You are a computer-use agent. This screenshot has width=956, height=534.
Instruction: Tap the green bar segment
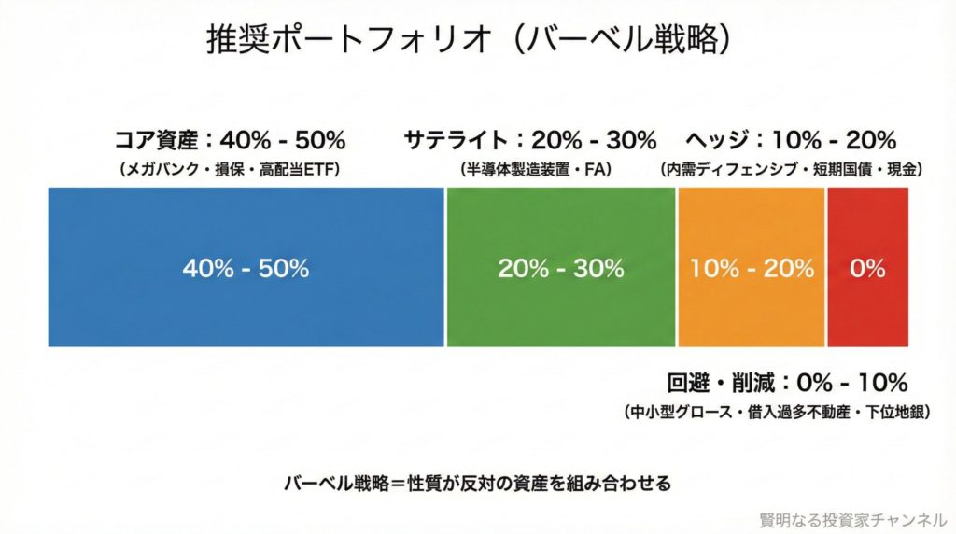[560, 308]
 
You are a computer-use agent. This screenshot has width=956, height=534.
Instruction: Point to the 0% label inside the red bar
[867, 269]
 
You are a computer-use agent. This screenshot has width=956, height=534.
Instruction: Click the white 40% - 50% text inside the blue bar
[246, 269]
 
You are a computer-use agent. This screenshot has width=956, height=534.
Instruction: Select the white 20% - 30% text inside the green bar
[560, 269]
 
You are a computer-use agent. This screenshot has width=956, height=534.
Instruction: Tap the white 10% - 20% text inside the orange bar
[752, 269]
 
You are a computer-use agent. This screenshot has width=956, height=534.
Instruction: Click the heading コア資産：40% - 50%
[230, 141]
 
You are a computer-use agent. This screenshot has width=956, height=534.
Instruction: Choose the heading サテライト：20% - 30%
[530, 141]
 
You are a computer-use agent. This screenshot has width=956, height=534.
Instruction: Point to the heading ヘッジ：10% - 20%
[791, 141]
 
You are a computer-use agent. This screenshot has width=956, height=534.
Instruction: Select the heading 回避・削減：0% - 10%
[787, 383]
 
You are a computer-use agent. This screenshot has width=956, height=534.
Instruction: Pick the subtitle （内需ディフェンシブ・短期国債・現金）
[791, 170]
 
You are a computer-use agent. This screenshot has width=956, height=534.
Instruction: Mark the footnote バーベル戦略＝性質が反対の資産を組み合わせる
[478, 484]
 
